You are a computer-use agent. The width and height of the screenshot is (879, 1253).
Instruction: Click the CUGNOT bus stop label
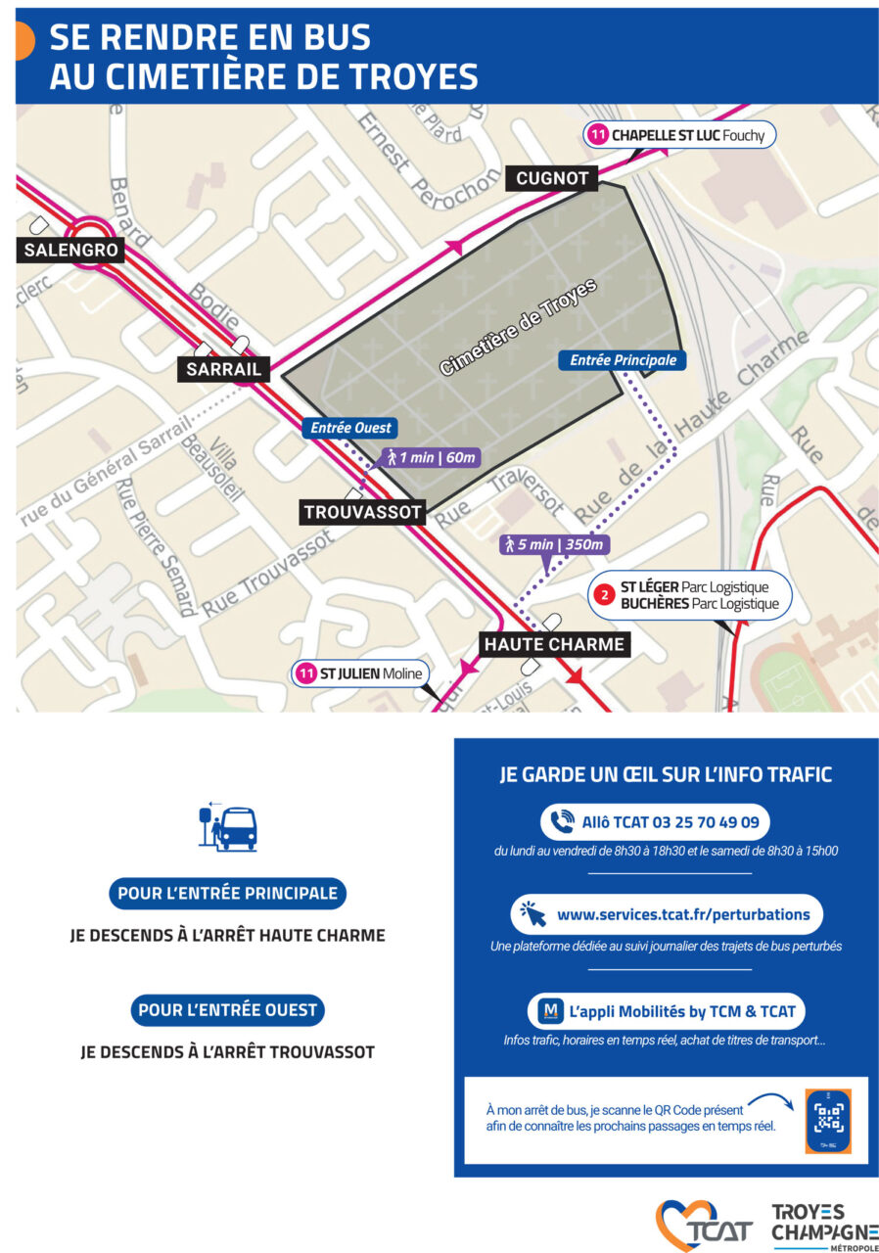pos(551,178)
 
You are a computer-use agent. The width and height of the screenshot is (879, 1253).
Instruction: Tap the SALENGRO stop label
pos(71,251)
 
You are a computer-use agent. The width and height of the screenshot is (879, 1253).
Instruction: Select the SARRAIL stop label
pos(224,369)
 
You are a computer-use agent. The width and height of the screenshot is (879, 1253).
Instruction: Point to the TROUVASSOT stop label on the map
pos(362,512)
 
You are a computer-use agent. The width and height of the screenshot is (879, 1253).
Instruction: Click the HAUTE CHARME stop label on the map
pos(553,644)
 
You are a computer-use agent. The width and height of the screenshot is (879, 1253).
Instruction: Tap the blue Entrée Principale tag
pos(623,360)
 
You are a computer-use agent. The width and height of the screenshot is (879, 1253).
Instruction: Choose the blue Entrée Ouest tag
pos(350,428)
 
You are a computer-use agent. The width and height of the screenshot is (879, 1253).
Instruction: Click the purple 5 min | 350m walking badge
pos(554,544)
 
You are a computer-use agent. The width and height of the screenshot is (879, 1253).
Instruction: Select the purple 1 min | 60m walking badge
pos(431,457)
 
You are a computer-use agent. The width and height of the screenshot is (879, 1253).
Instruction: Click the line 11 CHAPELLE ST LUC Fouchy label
pos(680,135)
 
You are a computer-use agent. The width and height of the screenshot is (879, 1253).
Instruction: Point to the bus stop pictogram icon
pos(227,827)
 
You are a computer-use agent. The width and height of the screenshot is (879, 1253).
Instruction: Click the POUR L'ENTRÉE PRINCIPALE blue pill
pos(227,893)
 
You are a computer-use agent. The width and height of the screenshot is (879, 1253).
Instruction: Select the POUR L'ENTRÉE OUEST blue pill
pos(227,1010)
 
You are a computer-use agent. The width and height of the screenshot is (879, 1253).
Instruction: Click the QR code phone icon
pos(828,1121)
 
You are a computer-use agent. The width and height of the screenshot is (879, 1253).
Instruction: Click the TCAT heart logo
pos(704,1225)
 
